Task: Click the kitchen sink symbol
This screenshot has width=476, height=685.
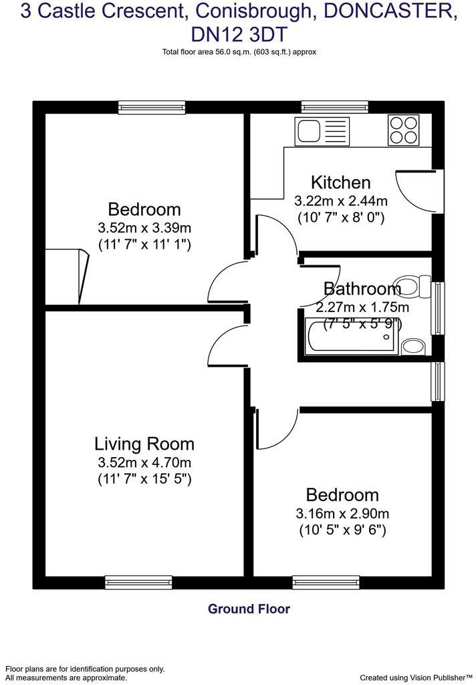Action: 322,130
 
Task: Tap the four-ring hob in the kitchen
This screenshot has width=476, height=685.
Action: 403,130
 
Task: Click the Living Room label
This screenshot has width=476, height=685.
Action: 144,444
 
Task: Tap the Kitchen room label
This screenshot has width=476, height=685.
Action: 340,182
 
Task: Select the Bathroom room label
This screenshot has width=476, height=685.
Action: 362,289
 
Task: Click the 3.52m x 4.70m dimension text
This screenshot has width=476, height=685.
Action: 144,462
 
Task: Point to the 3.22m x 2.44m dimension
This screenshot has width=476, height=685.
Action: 341,200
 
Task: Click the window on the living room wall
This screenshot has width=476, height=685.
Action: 138,583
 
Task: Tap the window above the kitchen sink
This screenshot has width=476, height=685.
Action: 334,107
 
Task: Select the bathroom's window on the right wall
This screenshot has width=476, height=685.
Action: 438,308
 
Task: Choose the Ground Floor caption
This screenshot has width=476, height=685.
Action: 249,609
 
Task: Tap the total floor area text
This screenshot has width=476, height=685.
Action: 239,51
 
